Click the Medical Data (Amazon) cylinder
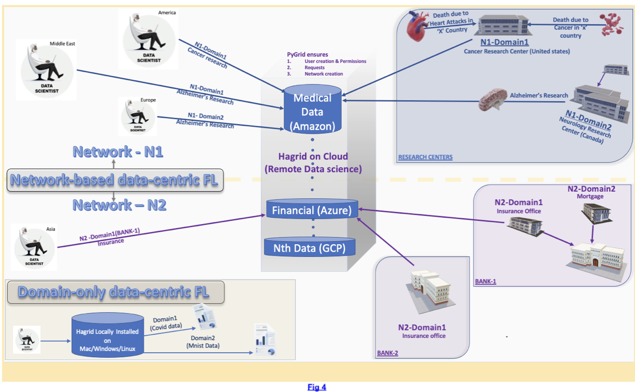tap(312, 109)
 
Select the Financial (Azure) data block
tap(312, 209)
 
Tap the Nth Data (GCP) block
tap(309, 247)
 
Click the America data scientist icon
tap(148, 40)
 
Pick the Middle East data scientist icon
tap(46, 70)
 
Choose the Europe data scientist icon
tap(138, 117)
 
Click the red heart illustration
tap(417, 26)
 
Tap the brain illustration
tap(493, 99)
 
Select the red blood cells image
tap(612, 24)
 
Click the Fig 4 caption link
tap(317, 387)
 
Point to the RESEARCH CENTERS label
tap(425, 157)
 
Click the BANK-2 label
tap(388, 353)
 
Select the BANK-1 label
tap(486, 281)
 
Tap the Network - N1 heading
tap(118, 152)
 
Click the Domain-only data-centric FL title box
tap(116, 292)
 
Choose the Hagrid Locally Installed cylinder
tap(108, 335)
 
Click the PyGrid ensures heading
tap(307, 54)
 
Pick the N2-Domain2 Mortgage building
tap(597, 213)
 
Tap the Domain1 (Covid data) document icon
tap(204, 317)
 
